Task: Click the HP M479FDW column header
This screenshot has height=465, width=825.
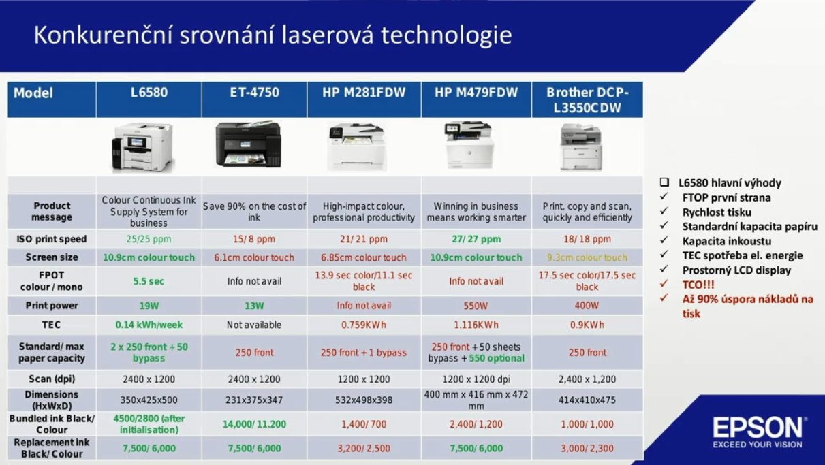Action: pyautogui.click(x=476, y=93)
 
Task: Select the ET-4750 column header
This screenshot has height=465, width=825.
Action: pyautogui.click(x=255, y=93)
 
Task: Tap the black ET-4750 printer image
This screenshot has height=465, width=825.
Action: pyautogui.click(x=249, y=144)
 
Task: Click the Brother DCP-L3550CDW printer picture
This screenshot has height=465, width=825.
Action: pyautogui.click(x=581, y=147)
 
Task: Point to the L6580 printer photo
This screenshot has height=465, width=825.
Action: pyautogui.click(x=142, y=147)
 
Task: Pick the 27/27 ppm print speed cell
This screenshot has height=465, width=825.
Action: pyautogui.click(x=476, y=239)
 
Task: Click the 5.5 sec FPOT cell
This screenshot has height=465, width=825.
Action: pyautogui.click(x=149, y=281)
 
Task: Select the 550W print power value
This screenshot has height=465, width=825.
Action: pyautogui.click(x=476, y=306)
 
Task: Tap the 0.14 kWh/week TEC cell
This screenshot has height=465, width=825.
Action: pyautogui.click(x=149, y=325)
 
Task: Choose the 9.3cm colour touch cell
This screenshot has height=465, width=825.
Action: pyautogui.click(x=587, y=257)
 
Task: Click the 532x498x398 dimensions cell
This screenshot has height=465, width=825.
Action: pyautogui.click(x=364, y=400)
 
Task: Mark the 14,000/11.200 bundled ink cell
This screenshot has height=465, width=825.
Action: pyautogui.click(x=254, y=424)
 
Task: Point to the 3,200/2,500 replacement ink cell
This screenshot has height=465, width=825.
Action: pyautogui.click(x=364, y=449)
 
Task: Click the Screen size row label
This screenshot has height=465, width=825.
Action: pyautogui.click(x=52, y=257)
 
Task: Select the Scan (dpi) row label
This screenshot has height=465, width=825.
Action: pyautogui.click(x=52, y=379)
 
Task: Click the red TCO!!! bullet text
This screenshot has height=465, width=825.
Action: pyautogui.click(x=698, y=285)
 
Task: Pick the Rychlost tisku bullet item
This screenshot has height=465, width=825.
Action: pyautogui.click(x=717, y=212)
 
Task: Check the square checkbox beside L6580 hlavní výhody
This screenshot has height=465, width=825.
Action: pyautogui.click(x=664, y=182)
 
